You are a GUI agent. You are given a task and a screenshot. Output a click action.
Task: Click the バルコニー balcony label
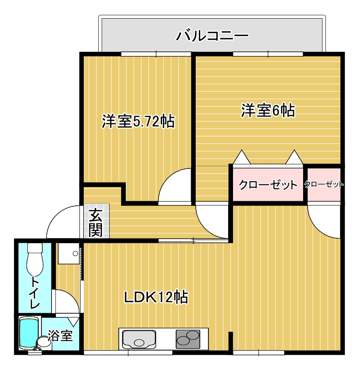(x=213, y=36)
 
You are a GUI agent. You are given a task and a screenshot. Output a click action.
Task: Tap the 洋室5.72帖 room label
(x=138, y=122)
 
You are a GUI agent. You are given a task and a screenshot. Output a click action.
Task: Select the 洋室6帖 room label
(x=268, y=111)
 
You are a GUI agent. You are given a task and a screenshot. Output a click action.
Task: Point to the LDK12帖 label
(x=156, y=297)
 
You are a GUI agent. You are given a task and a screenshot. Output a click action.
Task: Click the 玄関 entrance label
(x=96, y=223)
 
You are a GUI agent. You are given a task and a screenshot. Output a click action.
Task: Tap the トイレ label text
(x=35, y=292)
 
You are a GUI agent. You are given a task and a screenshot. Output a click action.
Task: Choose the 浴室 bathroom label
(x=60, y=336)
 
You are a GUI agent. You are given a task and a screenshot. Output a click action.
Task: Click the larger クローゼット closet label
(x=268, y=185)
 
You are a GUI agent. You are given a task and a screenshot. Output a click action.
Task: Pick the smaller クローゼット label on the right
(x=324, y=184)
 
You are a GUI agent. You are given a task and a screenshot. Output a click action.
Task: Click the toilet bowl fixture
(x=35, y=260)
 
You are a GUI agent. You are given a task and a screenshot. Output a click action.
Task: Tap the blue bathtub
(x=29, y=333)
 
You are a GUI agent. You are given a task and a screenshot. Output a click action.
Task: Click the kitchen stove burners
(x=188, y=339)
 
